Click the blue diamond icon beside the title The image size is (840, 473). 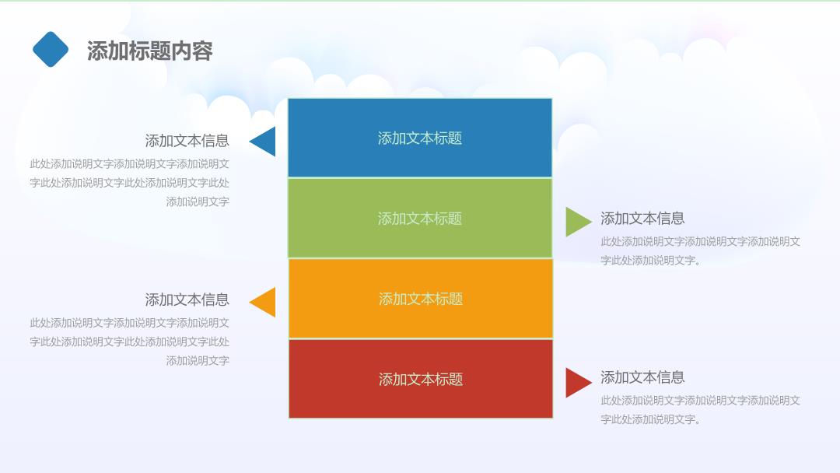click(x=51, y=49)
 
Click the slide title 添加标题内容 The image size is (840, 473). click(x=150, y=51)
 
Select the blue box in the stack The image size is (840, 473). click(x=420, y=138)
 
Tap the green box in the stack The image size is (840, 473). click(x=420, y=218)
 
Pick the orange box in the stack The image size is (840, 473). click(x=421, y=299)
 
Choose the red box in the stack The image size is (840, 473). click(x=421, y=379)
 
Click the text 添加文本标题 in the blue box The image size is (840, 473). click(x=420, y=138)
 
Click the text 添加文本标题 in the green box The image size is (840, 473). click(x=420, y=219)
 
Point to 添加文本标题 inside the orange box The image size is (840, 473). click(x=421, y=299)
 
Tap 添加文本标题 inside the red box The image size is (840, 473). click(x=421, y=380)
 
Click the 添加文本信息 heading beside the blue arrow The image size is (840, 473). click(x=187, y=140)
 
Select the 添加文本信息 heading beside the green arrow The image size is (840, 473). click(x=642, y=218)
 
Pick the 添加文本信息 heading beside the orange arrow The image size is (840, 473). click(x=187, y=300)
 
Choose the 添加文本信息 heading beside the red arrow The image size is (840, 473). click(x=642, y=377)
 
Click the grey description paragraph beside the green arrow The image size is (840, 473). click(x=700, y=251)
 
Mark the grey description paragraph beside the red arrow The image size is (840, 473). click(x=700, y=410)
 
